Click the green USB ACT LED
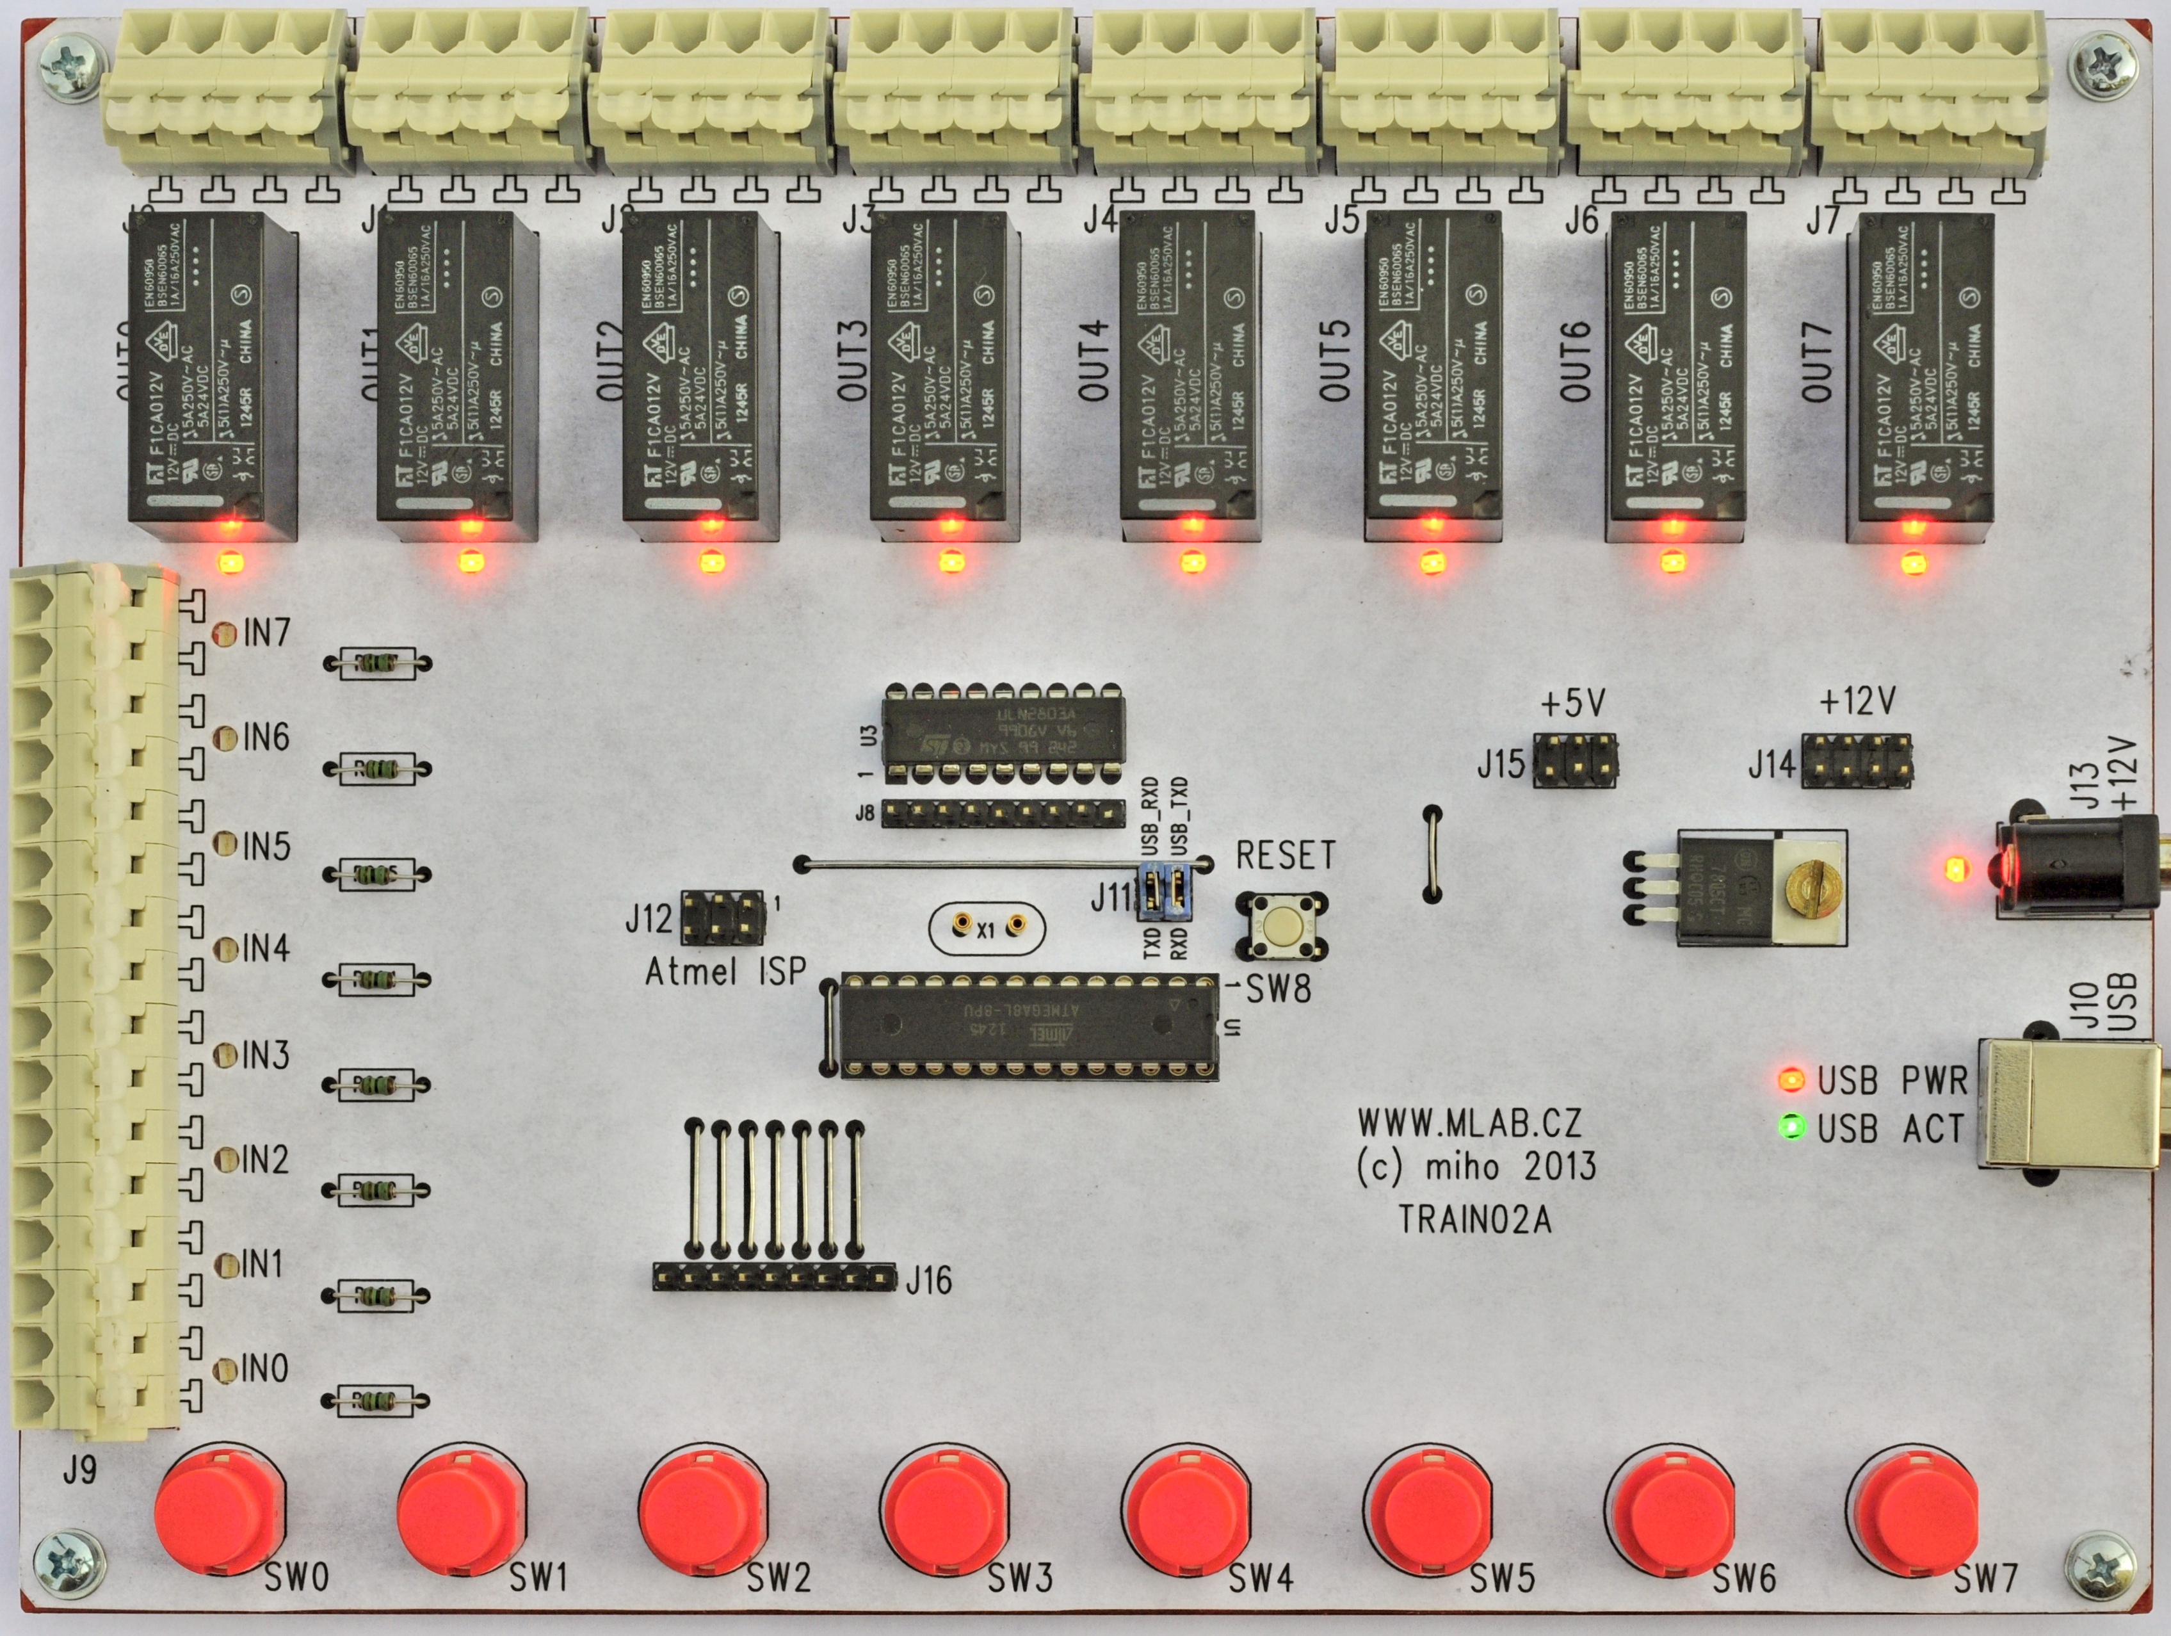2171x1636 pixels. [x=1792, y=1127]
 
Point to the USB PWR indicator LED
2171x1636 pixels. [x=1791, y=1080]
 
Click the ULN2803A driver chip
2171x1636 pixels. [x=1002, y=733]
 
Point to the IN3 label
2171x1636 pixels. [x=265, y=1056]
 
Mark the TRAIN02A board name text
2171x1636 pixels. [x=1474, y=1219]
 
